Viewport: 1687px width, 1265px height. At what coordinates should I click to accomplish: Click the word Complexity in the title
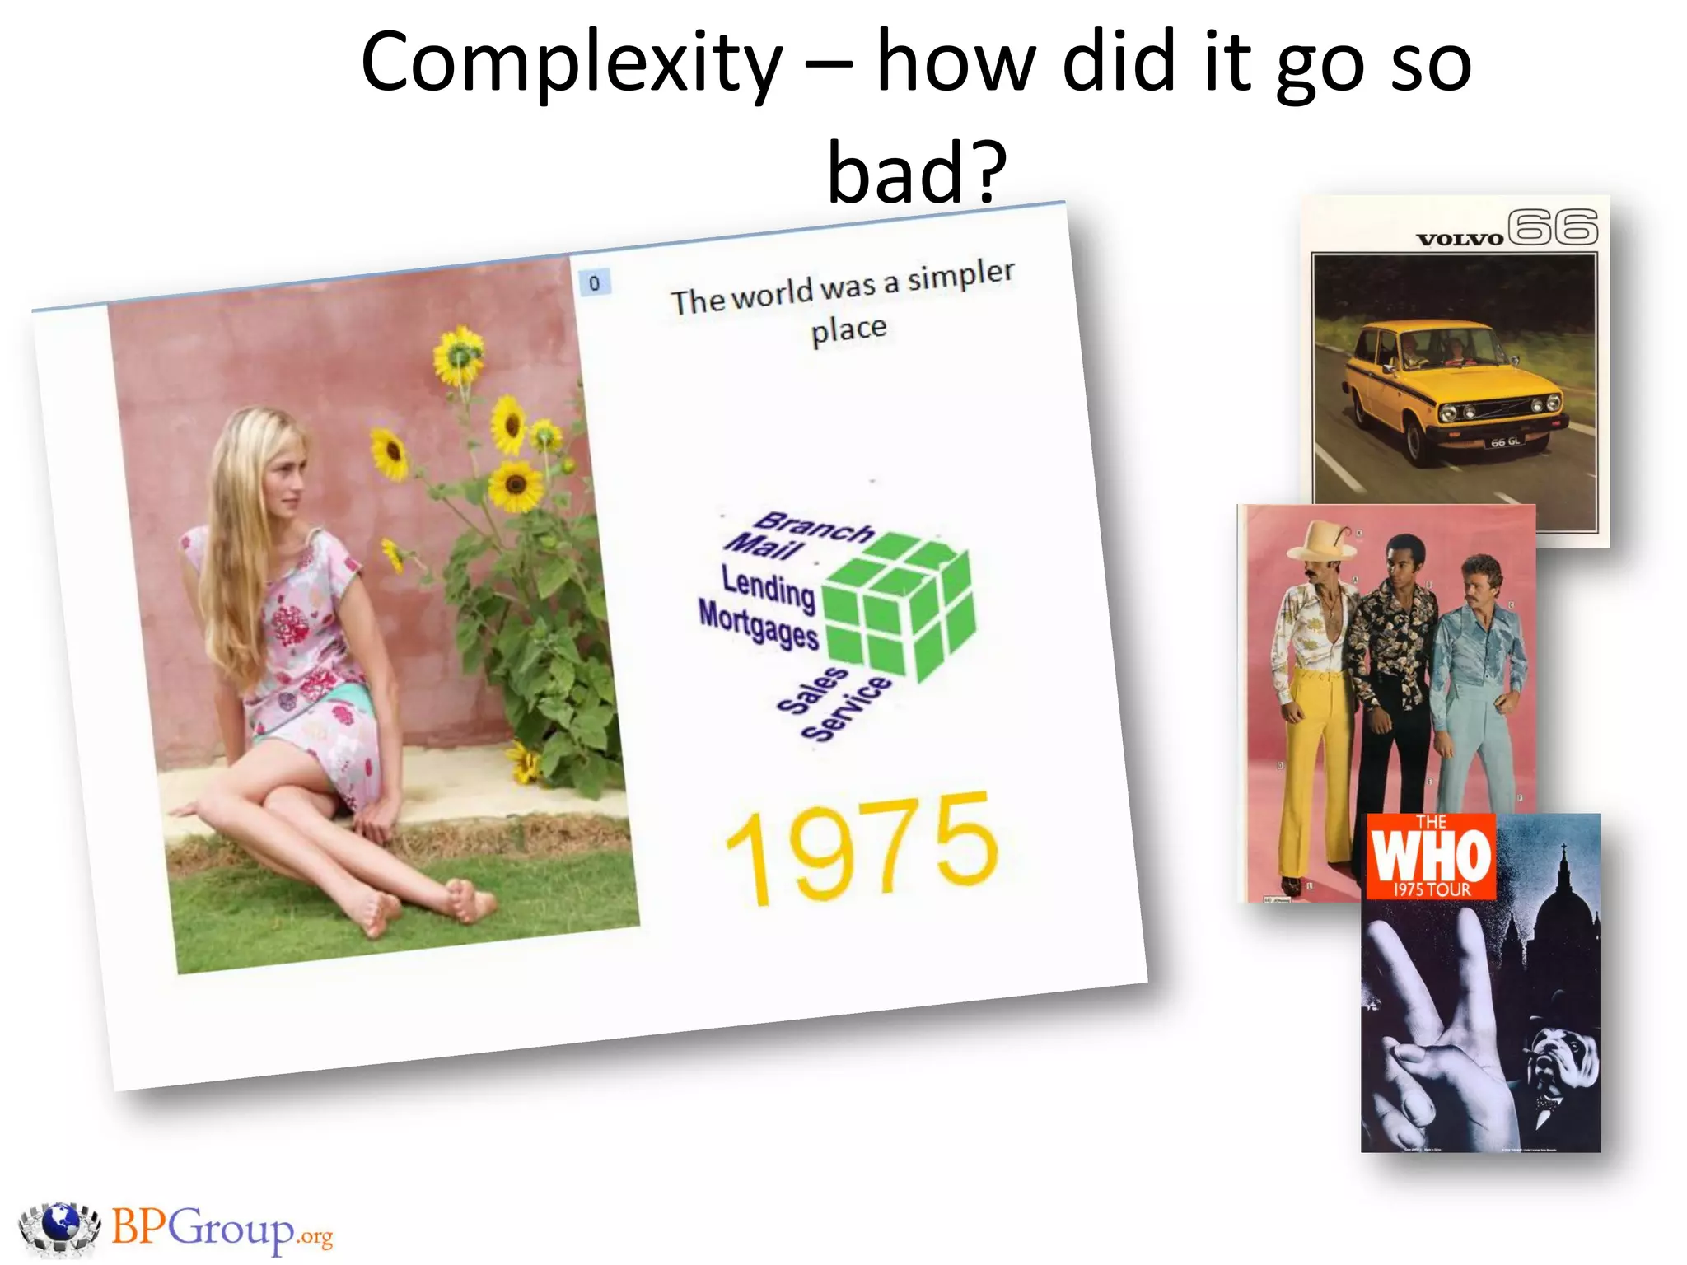pyautogui.click(x=572, y=64)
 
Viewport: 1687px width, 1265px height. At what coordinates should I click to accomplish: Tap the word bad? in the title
pyautogui.click(x=916, y=172)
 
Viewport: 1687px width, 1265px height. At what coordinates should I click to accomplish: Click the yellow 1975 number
pyautogui.click(x=861, y=847)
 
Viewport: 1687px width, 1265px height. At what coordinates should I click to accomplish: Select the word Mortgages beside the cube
pyautogui.click(x=758, y=624)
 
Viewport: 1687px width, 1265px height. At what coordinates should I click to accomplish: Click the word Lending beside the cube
pyautogui.click(x=768, y=587)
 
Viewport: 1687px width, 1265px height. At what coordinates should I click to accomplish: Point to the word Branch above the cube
pyautogui.click(x=814, y=527)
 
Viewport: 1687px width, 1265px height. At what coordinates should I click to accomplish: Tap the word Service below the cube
pyautogui.click(x=846, y=708)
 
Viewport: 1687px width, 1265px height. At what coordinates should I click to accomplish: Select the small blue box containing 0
pyautogui.click(x=594, y=283)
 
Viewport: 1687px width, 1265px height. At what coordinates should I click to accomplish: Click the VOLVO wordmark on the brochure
pyautogui.click(x=1460, y=240)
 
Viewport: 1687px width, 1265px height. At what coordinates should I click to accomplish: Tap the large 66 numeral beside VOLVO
pyautogui.click(x=1553, y=227)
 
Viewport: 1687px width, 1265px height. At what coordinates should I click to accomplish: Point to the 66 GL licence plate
pyautogui.click(x=1505, y=442)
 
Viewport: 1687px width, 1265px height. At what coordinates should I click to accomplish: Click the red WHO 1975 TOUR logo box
pyautogui.click(x=1431, y=857)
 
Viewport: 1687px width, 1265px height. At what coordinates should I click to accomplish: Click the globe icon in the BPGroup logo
pyautogui.click(x=59, y=1226)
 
